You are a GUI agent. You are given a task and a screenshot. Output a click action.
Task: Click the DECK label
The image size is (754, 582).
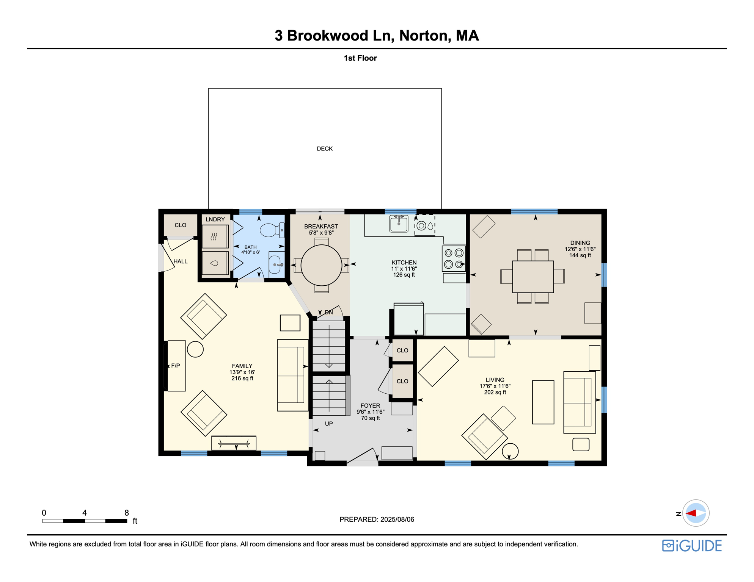[x=325, y=149]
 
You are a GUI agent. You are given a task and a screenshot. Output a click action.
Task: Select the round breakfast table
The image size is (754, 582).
[x=321, y=265]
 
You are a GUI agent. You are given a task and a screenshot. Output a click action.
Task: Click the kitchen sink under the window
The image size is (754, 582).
[x=399, y=224]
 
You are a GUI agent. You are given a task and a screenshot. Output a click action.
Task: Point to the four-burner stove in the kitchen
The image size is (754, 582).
[x=454, y=258]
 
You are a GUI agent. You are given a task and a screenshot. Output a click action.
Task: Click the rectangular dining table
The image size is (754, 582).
[x=533, y=277]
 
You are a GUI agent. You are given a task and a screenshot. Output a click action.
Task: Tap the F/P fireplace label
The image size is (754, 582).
[x=175, y=366]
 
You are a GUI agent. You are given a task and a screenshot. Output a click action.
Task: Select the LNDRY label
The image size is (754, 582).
[x=215, y=219]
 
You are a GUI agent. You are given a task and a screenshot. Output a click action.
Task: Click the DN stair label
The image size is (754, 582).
[x=328, y=312]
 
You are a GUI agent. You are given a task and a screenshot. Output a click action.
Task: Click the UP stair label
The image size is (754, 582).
[x=328, y=424]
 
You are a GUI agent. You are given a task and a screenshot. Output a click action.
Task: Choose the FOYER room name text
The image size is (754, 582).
[x=370, y=405]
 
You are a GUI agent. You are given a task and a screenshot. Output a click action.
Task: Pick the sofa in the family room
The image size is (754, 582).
[x=292, y=375]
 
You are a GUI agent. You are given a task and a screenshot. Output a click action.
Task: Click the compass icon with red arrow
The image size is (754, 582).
[x=696, y=513]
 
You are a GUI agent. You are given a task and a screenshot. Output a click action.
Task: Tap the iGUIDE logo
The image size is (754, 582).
[x=692, y=546]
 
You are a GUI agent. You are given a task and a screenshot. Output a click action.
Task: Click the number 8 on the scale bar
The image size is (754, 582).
[x=127, y=513]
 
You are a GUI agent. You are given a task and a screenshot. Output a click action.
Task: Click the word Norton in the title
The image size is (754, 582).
[x=425, y=36]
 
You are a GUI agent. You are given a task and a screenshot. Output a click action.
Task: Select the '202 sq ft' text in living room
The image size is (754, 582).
[x=495, y=392]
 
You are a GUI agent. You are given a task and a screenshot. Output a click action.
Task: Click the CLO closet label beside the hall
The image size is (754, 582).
[x=180, y=225]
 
